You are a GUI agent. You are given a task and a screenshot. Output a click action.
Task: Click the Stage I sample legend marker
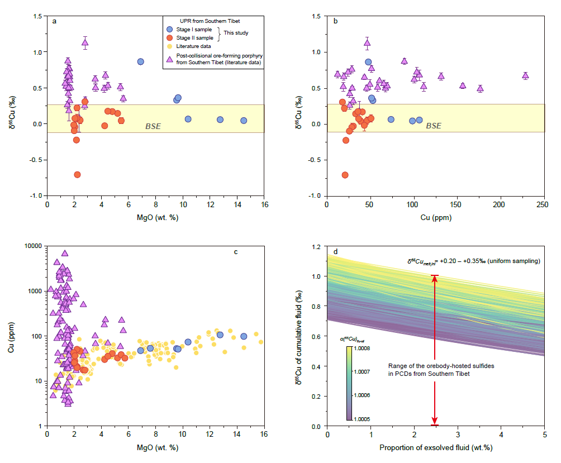(170, 29)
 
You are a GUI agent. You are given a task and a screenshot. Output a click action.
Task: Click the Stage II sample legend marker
(170, 37)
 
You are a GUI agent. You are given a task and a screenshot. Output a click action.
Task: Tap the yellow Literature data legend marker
(170, 46)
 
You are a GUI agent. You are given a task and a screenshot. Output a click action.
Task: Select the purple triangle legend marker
(170, 59)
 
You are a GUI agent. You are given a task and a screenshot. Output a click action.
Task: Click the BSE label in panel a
(153, 126)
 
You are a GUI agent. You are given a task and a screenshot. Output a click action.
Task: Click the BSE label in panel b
(434, 126)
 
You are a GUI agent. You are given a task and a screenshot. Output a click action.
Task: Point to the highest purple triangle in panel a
(85, 43)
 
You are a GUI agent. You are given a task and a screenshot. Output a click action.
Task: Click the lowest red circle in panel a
(77, 174)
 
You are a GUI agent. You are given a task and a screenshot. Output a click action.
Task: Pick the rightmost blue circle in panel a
(244, 121)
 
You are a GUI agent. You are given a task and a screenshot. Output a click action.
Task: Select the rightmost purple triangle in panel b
(525, 75)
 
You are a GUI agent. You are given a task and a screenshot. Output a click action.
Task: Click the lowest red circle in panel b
(345, 175)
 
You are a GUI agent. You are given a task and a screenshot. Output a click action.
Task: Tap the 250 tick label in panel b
(543, 204)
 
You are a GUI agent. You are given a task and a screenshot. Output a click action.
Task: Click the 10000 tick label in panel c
(33, 246)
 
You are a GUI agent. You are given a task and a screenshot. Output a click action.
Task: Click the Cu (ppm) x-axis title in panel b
(436, 217)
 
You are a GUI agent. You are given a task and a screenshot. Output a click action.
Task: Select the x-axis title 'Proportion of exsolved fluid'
(436, 447)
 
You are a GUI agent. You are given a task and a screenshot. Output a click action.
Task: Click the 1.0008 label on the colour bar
(362, 349)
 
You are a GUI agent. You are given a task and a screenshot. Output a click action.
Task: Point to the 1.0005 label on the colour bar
(362, 419)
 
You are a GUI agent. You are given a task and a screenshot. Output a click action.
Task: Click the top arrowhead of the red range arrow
(435, 278)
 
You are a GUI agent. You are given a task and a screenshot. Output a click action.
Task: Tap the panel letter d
(335, 252)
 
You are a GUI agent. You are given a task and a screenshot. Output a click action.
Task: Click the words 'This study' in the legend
(236, 33)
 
